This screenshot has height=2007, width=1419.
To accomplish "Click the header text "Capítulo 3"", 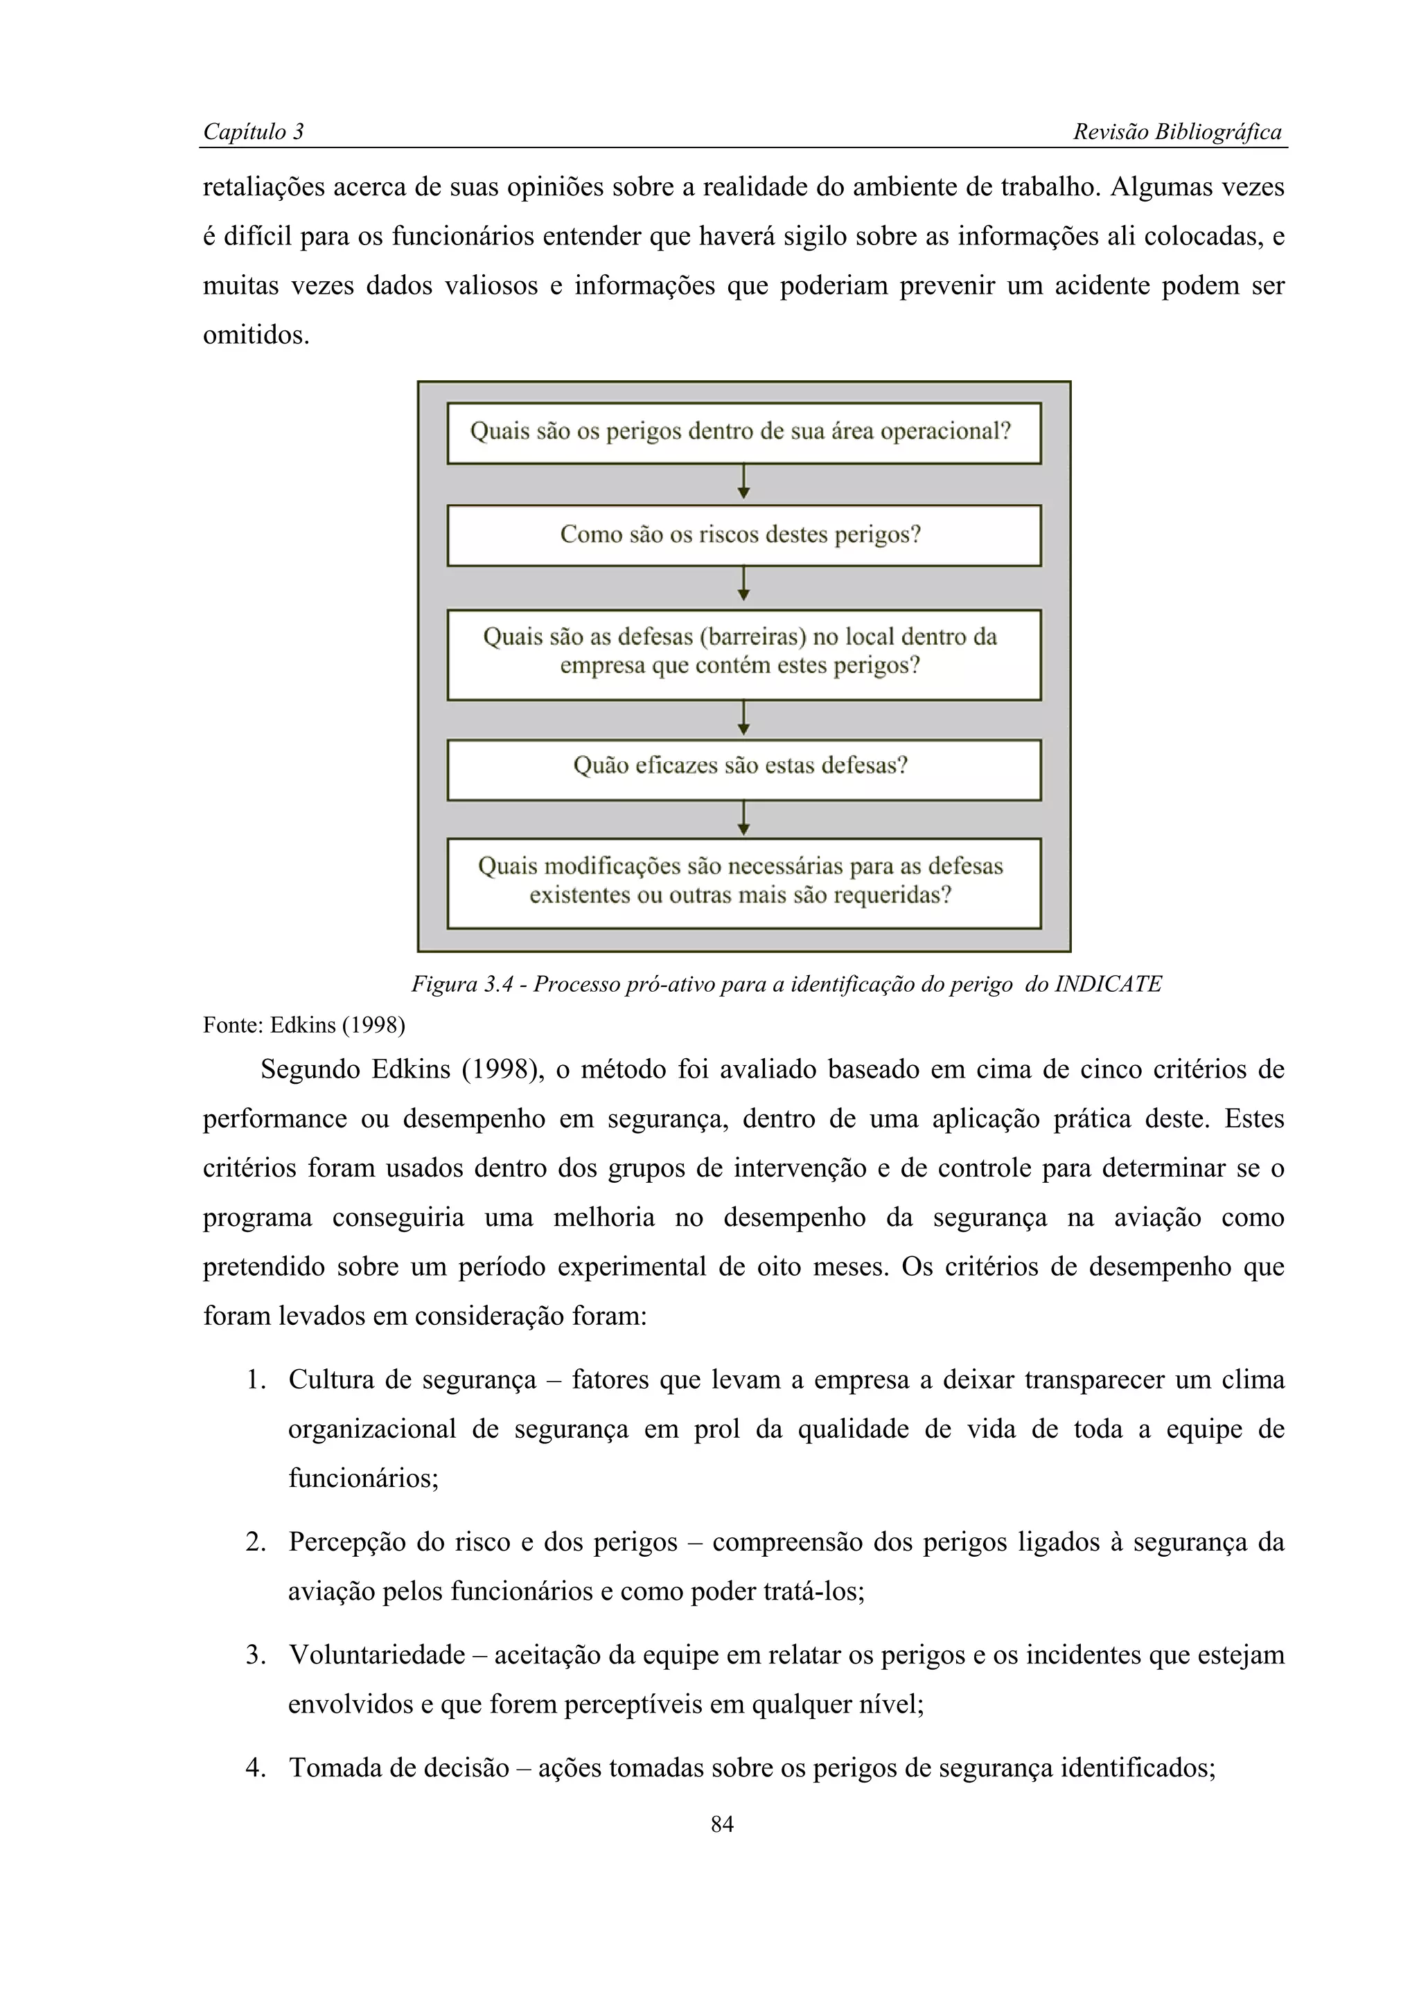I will click(253, 132).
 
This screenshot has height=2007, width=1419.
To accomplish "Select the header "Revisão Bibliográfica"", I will click(1176, 132).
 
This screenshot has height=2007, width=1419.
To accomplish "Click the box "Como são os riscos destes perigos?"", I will click(743, 535).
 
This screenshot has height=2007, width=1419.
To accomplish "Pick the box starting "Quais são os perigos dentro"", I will click(743, 433).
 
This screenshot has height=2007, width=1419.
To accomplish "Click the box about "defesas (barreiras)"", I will click(743, 654).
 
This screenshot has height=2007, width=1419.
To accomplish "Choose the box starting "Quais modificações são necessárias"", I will click(743, 883).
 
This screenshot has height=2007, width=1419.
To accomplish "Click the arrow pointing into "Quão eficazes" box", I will click(743, 720).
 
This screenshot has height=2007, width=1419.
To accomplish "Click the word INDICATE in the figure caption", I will click(1109, 984).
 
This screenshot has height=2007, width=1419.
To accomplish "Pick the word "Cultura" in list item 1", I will click(330, 1380).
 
